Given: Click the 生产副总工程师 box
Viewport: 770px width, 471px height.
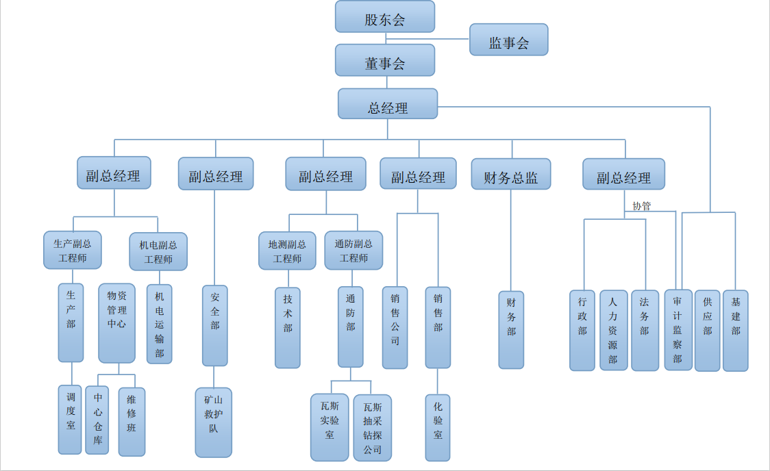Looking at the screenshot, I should (x=73, y=250).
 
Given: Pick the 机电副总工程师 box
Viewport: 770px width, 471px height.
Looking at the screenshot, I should (x=158, y=251).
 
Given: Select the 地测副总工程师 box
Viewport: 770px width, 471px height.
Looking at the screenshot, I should (x=287, y=251).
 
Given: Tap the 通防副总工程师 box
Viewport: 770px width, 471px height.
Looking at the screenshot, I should (x=353, y=251).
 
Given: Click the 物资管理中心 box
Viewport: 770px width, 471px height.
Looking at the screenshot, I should (x=116, y=323).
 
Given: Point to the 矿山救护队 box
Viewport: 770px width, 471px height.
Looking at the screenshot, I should (x=214, y=422).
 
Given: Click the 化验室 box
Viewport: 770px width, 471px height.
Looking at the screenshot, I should (x=438, y=427).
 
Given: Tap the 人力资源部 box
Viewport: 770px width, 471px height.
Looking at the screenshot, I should (x=613, y=330).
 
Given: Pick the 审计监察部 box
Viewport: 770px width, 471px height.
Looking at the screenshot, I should (x=678, y=329).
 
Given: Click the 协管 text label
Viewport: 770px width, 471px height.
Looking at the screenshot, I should (x=641, y=205).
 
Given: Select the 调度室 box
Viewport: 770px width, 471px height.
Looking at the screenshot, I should (x=71, y=419).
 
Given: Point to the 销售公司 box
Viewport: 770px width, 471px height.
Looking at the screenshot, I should (x=395, y=327).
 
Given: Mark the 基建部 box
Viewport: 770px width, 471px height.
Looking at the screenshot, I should (x=735, y=330).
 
